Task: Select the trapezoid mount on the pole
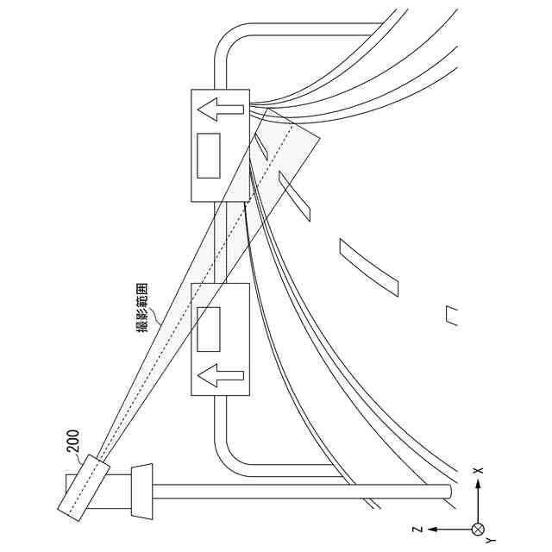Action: tap(142, 492)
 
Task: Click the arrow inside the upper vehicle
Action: tap(219, 110)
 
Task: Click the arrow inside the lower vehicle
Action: tap(220, 375)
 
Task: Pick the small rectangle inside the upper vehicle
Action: tap(208, 156)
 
